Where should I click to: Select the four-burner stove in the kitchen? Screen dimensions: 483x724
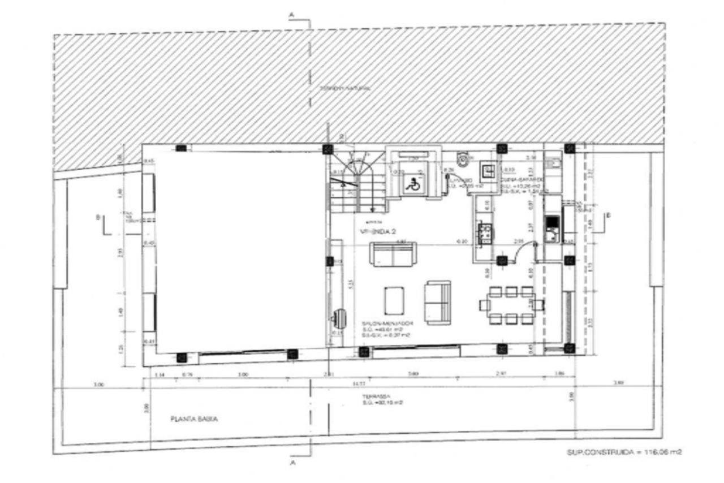(484, 234)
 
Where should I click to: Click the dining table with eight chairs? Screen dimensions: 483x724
(511, 305)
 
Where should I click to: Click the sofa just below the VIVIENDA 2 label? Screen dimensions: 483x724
(393, 255)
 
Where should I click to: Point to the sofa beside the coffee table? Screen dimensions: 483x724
(438, 302)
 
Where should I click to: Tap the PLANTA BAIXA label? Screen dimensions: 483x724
(194, 419)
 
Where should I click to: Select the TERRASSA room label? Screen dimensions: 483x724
(373, 397)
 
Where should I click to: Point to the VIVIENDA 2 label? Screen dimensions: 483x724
(378, 232)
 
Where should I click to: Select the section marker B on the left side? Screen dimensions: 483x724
(99, 217)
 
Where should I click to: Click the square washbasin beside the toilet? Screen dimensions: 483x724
(488, 169)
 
